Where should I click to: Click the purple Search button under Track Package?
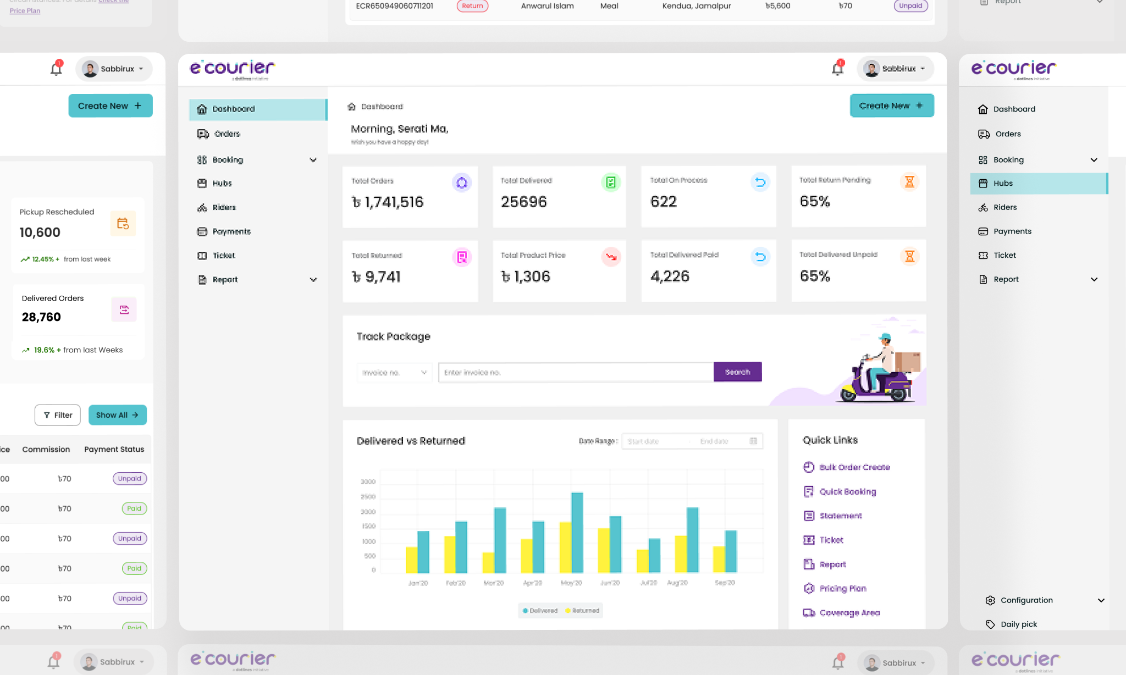(737, 372)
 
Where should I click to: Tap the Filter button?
(58, 415)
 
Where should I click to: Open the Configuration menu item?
(1026, 600)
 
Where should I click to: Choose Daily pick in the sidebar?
(1018, 624)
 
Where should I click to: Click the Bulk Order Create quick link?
(854, 467)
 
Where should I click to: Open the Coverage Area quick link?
(849, 613)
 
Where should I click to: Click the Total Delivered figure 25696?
(524, 202)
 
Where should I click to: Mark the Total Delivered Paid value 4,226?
(670, 276)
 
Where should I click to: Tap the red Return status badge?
(472, 6)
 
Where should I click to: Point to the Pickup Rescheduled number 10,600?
(40, 233)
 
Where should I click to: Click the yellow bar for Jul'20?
(642, 561)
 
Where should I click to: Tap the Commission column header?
(46, 450)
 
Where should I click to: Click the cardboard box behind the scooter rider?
(907, 362)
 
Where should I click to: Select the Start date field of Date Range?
(654, 441)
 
